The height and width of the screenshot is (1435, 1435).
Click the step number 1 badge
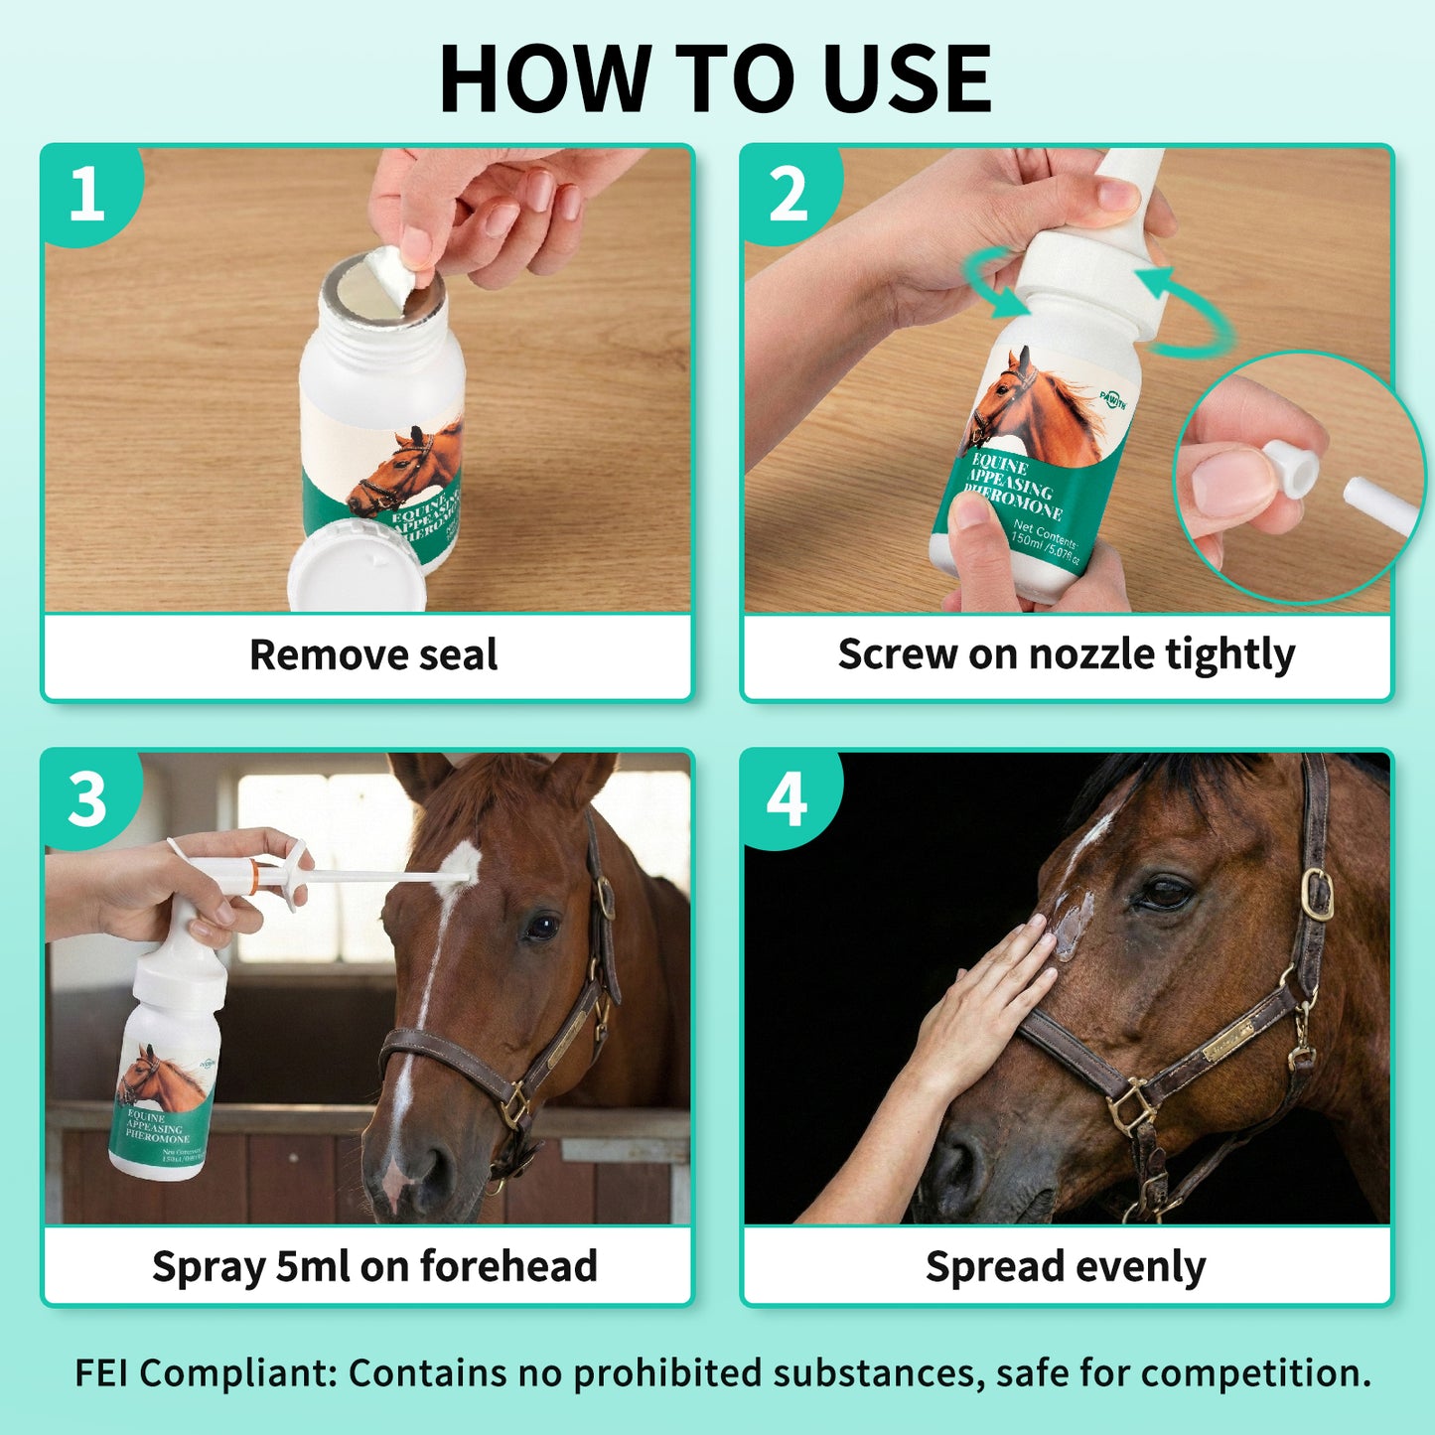(87, 193)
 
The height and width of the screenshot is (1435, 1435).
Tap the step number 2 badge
(789, 194)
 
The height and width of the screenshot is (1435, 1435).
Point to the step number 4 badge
(787, 799)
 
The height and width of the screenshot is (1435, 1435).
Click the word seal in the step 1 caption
(458, 655)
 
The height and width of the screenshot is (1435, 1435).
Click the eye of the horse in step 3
(541, 927)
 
